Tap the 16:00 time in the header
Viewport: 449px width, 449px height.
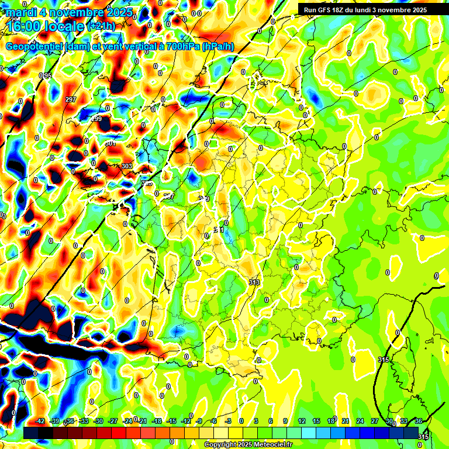(x=26, y=26)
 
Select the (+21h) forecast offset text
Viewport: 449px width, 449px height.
(x=103, y=26)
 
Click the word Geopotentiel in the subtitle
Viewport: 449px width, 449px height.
(x=34, y=47)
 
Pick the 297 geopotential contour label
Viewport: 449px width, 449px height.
(x=71, y=100)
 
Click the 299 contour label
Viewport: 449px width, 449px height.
(x=96, y=119)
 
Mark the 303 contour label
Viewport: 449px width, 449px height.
(x=127, y=167)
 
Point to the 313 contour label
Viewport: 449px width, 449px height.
(x=254, y=282)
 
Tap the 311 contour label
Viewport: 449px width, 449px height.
(x=219, y=230)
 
